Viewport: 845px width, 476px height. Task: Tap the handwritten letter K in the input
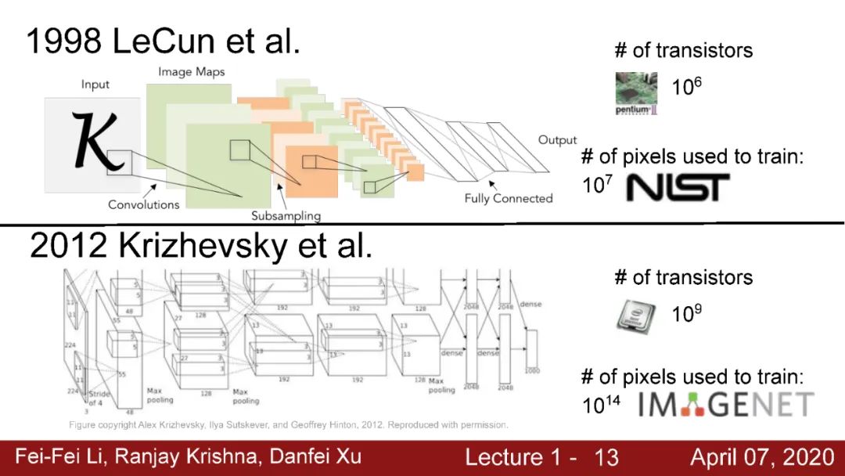[98, 141]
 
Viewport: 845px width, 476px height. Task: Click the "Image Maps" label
[191, 72]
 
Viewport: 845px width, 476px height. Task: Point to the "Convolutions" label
[144, 205]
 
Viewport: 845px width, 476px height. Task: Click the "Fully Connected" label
[508, 199]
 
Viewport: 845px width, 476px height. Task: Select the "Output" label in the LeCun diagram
[557, 140]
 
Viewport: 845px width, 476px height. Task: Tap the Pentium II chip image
[635, 93]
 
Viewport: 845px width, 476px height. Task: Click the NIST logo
[678, 187]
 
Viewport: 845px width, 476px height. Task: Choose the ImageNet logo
[725, 404]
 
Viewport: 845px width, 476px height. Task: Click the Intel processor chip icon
[636, 315]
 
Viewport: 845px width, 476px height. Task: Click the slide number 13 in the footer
[606, 457]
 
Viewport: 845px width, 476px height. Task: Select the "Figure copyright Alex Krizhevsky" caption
[289, 425]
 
